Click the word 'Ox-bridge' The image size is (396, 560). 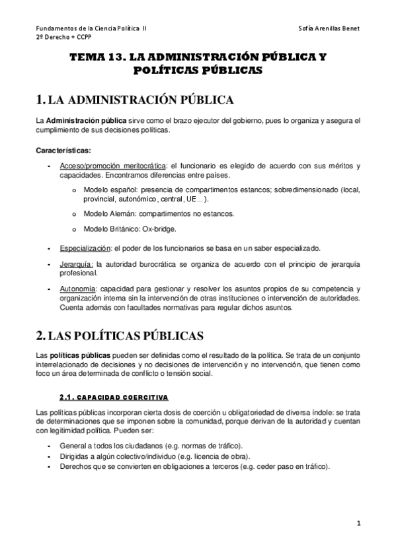160,229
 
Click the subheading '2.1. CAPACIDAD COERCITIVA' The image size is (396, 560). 113,398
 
